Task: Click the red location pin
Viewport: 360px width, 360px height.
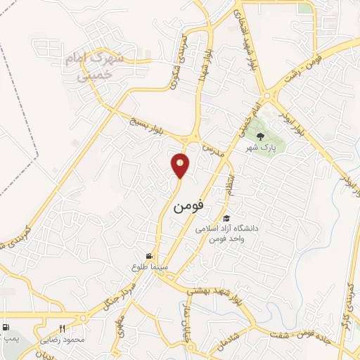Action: (x=181, y=165)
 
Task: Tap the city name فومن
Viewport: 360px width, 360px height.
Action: (x=188, y=207)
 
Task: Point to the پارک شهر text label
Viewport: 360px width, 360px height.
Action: (x=261, y=148)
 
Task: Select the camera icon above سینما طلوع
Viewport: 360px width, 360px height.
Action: (x=149, y=256)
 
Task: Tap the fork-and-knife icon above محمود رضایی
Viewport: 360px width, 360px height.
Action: (x=63, y=328)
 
